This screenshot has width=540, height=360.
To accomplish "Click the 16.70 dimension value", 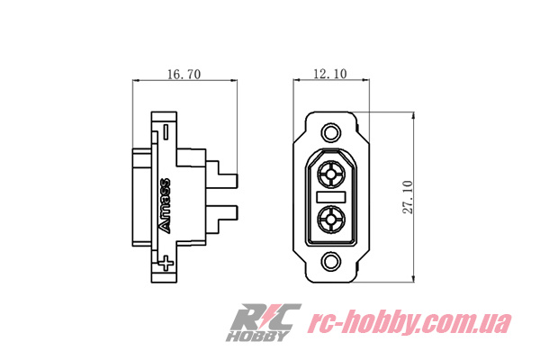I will click(184, 76).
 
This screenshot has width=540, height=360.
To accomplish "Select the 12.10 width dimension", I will click(329, 76).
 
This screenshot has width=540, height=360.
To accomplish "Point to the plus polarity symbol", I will click(166, 263).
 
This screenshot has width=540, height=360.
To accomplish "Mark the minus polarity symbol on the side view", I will click(166, 130).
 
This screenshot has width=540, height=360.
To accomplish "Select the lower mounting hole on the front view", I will click(331, 262).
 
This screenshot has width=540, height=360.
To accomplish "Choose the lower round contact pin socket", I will click(331, 218).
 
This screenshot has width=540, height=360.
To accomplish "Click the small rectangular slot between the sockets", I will click(331, 195).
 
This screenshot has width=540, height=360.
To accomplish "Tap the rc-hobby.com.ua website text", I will click(409, 322).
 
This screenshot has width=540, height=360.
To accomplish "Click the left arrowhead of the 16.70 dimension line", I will click(136, 83).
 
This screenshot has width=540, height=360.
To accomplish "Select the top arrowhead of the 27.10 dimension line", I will click(412, 114).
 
